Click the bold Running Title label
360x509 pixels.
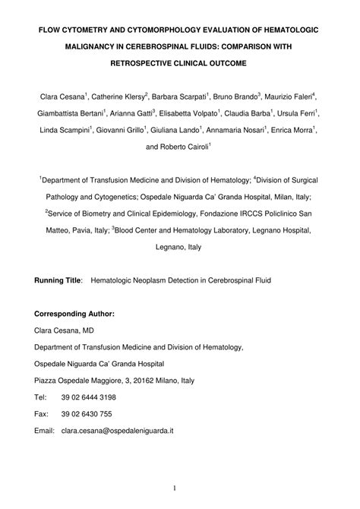[x=58, y=280]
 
